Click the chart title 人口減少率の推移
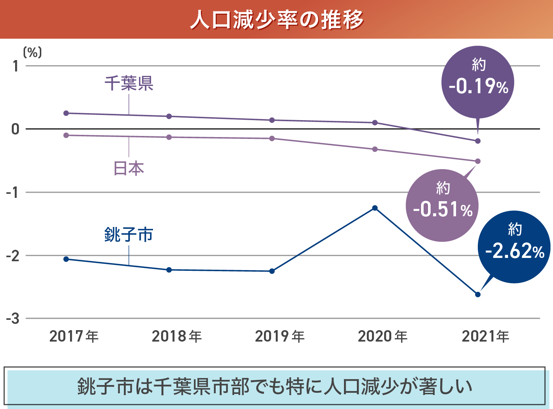point(276,19)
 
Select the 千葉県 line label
point(129,83)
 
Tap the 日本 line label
point(129,168)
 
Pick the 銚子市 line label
point(129,234)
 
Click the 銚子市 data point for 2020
point(375,208)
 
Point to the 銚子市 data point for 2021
point(478,294)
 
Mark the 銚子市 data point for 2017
point(66,259)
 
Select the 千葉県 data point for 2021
point(478,141)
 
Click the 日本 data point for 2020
point(375,149)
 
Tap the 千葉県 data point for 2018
point(169,116)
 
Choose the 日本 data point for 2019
point(272,139)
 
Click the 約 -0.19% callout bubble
point(478,82)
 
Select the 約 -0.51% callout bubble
point(442,205)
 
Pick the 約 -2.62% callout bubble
point(514,247)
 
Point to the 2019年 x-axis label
point(280,336)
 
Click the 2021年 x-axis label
point(485,336)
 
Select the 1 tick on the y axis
point(15,66)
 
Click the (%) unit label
point(32,52)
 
